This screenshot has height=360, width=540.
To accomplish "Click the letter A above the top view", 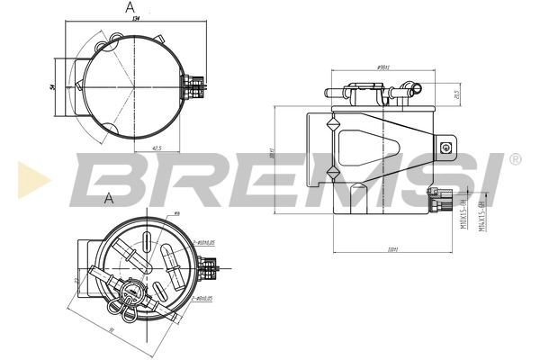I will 131,8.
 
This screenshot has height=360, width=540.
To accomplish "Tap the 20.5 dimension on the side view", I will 458,94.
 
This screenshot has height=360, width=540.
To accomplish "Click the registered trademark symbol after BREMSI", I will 515,158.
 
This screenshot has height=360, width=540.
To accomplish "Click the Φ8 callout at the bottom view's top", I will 176,213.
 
